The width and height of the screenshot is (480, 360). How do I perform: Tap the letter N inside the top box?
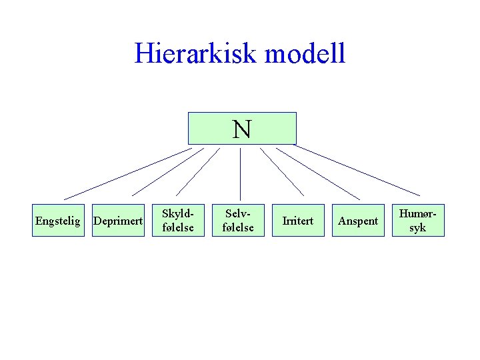[x=242, y=129]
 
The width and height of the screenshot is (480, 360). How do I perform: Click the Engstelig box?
[x=58, y=221]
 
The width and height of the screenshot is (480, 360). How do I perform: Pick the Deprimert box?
[x=118, y=221]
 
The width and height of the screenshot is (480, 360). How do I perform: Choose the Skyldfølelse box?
[x=178, y=221]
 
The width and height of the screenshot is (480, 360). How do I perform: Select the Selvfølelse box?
[x=239, y=221]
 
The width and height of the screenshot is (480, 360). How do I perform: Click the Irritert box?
[x=298, y=221]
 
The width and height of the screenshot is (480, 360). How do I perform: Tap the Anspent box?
[x=358, y=221]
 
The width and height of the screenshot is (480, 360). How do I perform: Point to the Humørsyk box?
[x=418, y=221]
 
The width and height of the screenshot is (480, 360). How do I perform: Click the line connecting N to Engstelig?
[x=127, y=173]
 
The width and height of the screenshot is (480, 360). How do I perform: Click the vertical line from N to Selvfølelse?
[x=240, y=173]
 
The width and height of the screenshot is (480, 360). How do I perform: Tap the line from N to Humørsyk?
[x=357, y=170]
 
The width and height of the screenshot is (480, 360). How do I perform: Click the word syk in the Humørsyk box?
[x=418, y=228]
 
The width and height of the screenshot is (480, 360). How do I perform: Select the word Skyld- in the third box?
[x=178, y=214]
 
